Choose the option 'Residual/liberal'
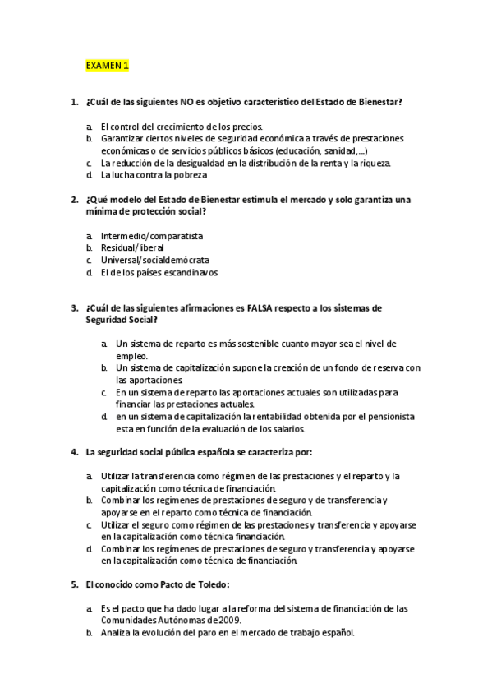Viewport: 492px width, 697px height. tap(132, 247)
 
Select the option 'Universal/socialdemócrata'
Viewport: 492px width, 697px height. tap(149, 260)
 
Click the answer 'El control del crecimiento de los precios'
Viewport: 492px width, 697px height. tap(182, 127)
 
